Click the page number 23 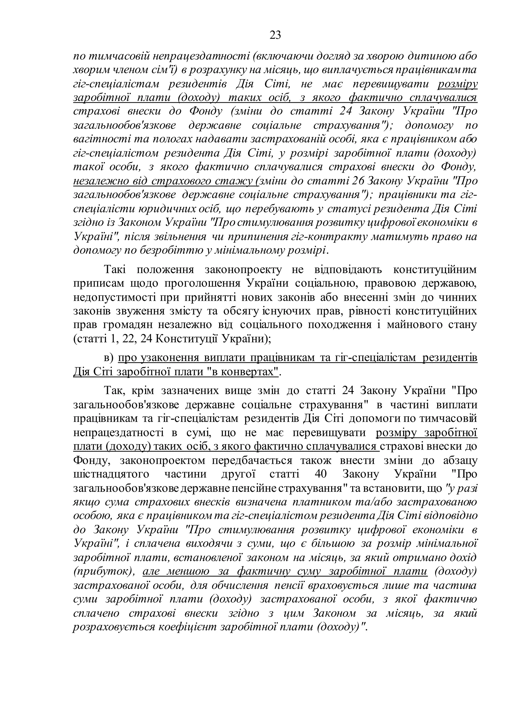(275, 35)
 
